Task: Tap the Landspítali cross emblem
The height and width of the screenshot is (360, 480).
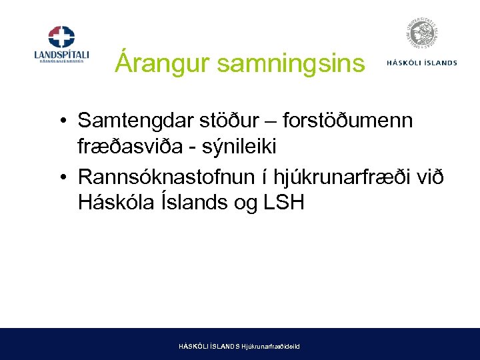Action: [x=61, y=37]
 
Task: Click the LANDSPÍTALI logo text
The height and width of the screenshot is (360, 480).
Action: [x=61, y=54]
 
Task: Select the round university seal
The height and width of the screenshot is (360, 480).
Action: [x=421, y=35]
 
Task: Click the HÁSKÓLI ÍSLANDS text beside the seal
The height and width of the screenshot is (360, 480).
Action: [x=421, y=63]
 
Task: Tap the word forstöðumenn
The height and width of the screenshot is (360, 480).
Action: [x=347, y=121]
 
